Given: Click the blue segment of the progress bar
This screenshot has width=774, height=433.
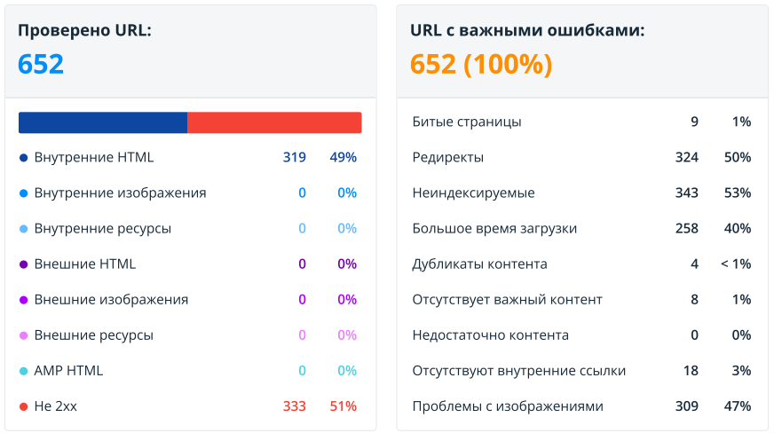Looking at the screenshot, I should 102,122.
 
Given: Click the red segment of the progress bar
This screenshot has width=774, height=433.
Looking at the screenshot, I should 274,122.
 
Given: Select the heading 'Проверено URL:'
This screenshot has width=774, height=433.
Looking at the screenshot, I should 84,30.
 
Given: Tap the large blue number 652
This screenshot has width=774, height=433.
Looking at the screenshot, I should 41,64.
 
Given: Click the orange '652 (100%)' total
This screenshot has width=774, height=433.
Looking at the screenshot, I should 481,64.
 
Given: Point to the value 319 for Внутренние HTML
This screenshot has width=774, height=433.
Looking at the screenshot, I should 295,157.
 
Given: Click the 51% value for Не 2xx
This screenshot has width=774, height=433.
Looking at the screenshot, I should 343,405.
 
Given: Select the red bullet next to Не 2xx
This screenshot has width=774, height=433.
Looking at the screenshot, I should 23,406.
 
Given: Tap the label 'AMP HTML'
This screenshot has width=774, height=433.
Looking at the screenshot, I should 68,370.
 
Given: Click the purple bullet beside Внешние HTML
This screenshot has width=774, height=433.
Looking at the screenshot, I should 23,264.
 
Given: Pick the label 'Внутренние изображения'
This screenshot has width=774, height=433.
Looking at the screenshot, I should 120,193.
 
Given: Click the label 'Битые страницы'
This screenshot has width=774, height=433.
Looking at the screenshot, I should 467,122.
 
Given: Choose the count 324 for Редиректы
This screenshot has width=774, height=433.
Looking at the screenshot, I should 686,157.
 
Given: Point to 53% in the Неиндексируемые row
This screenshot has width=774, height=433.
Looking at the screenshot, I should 738,193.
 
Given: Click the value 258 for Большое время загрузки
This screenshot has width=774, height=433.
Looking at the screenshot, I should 686,228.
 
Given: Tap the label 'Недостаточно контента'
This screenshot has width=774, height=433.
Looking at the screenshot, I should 491,335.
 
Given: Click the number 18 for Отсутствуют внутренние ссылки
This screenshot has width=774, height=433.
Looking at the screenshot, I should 691,370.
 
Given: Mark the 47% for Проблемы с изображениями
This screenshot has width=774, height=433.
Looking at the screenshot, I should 738,405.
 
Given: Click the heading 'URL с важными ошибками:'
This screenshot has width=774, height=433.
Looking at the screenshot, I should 527,30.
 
